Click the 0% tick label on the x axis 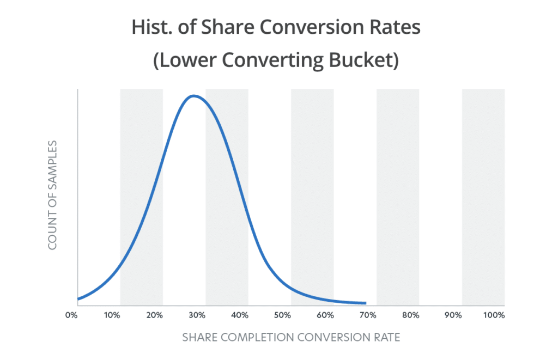point(70,315)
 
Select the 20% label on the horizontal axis point(155,315)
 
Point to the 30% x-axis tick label point(197,315)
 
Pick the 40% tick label point(240,315)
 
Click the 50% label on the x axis point(282,315)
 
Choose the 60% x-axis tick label point(325,315)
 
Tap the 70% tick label point(368,315)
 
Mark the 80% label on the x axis point(410,315)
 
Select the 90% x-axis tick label point(453,315)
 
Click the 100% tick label point(494,315)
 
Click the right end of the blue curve point(365,303)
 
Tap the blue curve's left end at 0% point(78,299)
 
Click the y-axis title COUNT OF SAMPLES point(53,195)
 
